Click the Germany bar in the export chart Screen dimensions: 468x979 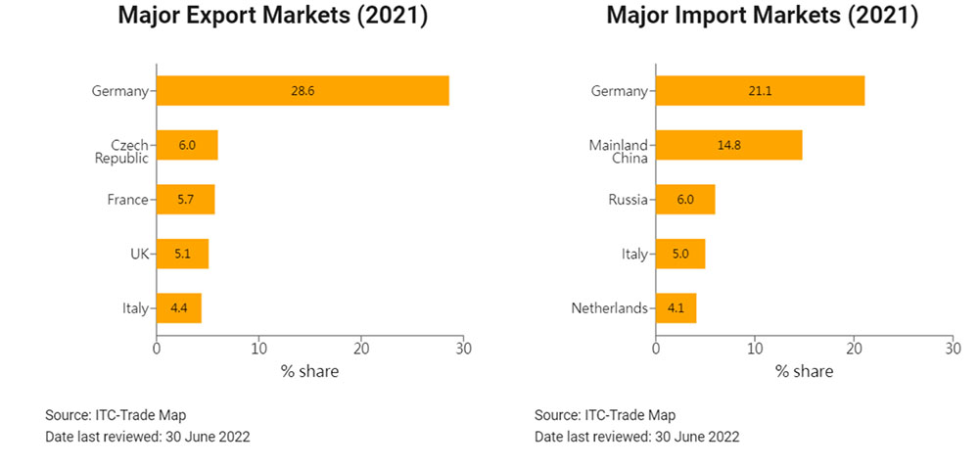pyautogui.click(x=303, y=91)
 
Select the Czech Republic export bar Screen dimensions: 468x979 pyautogui.click(x=187, y=145)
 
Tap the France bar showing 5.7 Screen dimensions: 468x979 pyautogui.click(x=185, y=200)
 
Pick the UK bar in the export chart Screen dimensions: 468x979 pyautogui.click(x=182, y=254)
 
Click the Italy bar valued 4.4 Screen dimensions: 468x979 pyautogui.click(x=178, y=308)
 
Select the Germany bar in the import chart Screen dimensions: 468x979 pyautogui.click(x=760, y=91)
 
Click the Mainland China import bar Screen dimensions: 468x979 pyautogui.click(x=728, y=145)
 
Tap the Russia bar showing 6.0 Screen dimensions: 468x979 pyautogui.click(x=685, y=200)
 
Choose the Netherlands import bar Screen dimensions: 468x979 pyautogui.click(x=676, y=308)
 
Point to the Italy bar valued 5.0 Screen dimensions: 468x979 pyautogui.click(x=680, y=254)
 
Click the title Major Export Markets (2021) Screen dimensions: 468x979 pyautogui.click(x=273, y=17)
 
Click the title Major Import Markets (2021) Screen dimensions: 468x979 pyautogui.click(x=762, y=17)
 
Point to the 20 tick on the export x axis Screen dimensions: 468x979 pyautogui.click(x=361, y=348)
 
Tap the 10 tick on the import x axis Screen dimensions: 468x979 pyautogui.click(x=755, y=348)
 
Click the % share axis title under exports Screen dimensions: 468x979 pyautogui.click(x=309, y=371)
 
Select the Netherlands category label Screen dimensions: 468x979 pyautogui.click(x=609, y=308)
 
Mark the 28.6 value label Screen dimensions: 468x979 pyautogui.click(x=303, y=91)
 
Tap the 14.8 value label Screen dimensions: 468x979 pyautogui.click(x=728, y=145)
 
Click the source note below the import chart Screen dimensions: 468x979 pyautogui.click(x=604, y=415)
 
